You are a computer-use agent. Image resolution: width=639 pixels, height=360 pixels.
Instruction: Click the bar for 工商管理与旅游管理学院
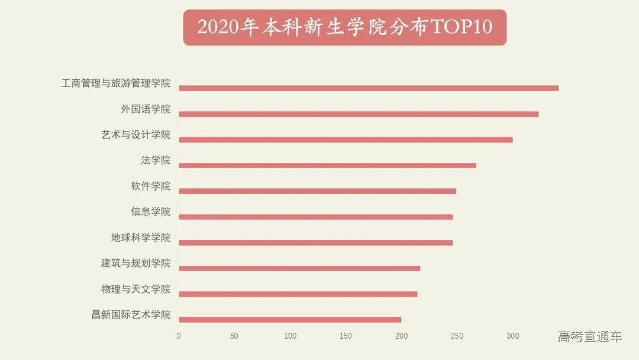click(369, 88)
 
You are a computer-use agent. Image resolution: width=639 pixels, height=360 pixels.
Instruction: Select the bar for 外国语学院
click(359, 114)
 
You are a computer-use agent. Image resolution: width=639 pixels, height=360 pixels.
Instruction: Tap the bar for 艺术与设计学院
click(346, 140)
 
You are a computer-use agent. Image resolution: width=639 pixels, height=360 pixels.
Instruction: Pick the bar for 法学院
click(327, 165)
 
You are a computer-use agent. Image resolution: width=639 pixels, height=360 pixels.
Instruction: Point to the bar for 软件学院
click(317, 191)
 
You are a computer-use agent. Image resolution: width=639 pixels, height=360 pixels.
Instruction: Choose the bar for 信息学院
click(315, 217)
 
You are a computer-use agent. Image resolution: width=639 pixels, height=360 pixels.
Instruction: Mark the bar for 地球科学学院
click(315, 243)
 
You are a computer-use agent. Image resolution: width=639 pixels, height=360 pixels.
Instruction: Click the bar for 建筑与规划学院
click(299, 268)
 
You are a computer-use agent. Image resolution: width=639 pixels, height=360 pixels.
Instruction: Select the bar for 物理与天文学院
click(298, 294)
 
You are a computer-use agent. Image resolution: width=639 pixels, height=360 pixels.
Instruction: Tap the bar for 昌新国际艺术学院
click(290, 320)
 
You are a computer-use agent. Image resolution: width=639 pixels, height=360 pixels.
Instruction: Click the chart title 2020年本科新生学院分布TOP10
click(344, 27)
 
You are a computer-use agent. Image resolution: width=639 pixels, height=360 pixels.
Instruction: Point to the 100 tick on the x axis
click(290, 336)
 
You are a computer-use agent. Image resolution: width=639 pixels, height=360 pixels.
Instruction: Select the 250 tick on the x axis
click(457, 336)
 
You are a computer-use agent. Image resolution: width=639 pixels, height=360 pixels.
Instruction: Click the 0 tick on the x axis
click(179, 336)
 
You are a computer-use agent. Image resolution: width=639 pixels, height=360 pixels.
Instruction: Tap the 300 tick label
click(512, 336)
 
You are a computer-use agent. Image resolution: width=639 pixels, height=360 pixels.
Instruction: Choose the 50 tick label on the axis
click(234, 336)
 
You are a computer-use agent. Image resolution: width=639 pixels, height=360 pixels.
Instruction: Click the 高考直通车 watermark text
click(589, 337)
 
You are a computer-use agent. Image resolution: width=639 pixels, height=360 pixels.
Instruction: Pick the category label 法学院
click(156, 160)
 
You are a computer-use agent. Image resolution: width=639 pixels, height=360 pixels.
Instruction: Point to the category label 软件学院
click(150, 187)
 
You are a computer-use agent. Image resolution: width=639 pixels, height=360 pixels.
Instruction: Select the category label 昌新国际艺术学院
click(131, 315)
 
